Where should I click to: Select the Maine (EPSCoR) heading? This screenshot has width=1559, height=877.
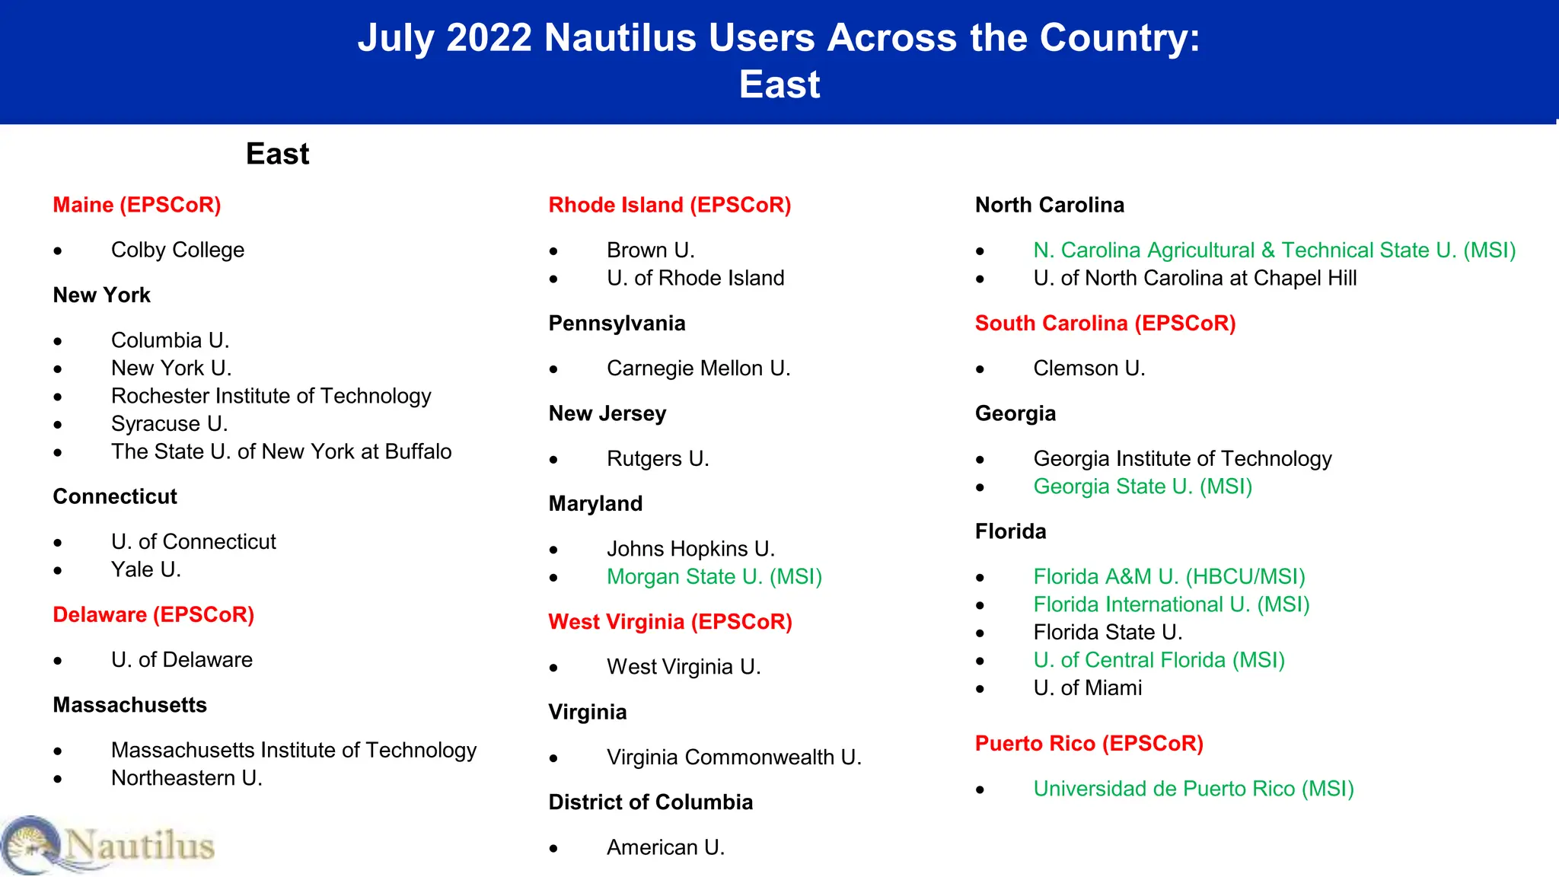137,206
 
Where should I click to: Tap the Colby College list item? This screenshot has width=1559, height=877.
177,250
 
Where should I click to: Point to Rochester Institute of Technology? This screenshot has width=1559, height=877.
271,397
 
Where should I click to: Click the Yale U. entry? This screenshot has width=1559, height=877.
146,570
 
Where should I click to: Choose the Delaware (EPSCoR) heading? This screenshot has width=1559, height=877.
153,615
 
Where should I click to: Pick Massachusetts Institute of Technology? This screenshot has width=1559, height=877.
294,751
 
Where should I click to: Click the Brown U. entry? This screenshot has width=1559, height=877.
650,250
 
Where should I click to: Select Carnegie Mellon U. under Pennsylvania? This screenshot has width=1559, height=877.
698,369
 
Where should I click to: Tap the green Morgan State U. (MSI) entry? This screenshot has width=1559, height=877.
714,577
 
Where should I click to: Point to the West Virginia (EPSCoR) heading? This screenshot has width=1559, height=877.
670,622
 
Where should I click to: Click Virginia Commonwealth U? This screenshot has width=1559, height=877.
734,757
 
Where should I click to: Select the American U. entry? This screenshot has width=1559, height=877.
665,847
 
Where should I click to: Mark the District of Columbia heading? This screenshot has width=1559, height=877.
651,802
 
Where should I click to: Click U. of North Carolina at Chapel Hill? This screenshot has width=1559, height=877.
1195,279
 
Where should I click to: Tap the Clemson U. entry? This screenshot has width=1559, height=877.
1089,369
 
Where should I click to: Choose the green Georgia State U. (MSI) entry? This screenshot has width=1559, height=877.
1143,487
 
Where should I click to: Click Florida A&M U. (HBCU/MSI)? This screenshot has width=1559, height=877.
1169,577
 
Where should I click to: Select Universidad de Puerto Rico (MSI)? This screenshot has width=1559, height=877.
1194,789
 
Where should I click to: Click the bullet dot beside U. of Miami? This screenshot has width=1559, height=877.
980,689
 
